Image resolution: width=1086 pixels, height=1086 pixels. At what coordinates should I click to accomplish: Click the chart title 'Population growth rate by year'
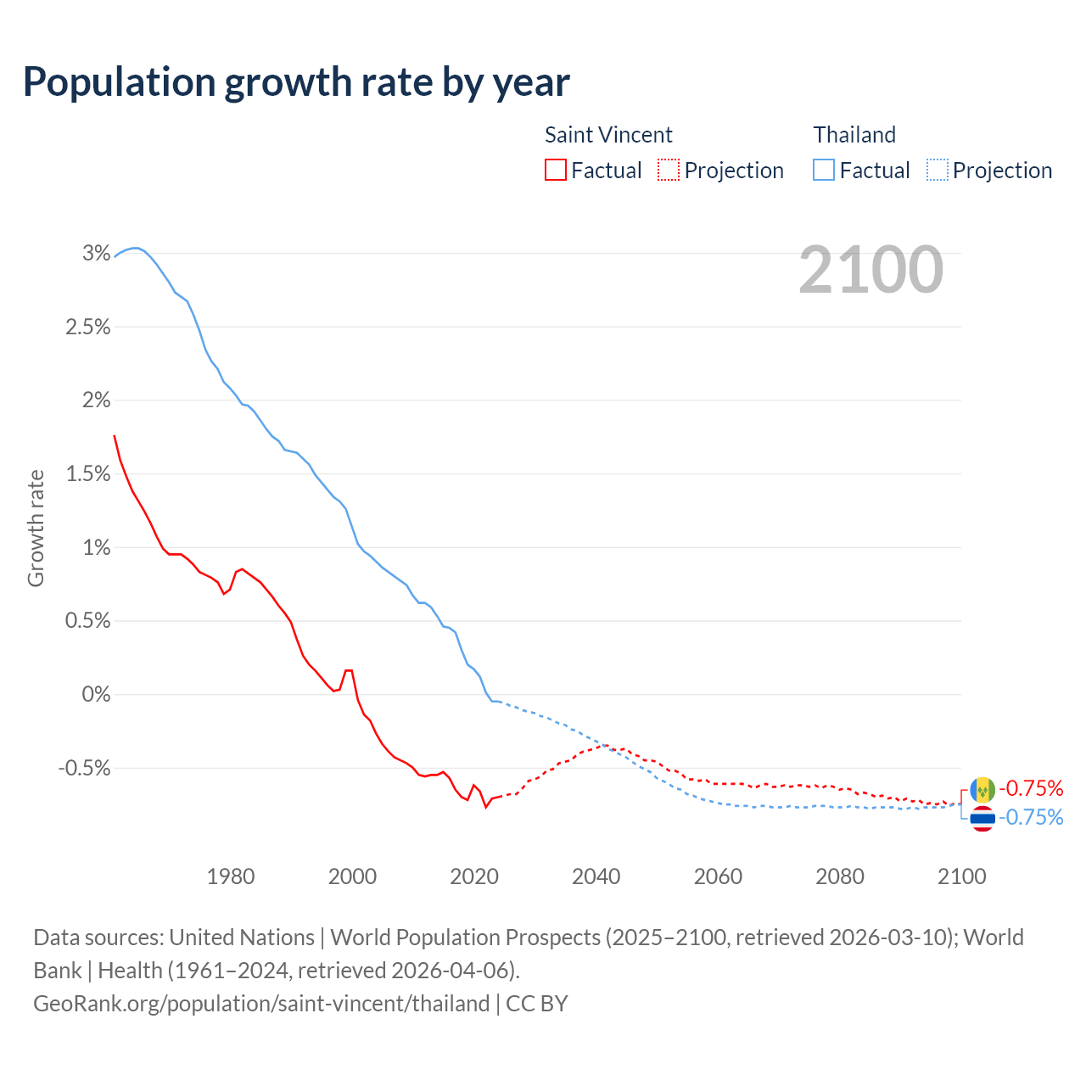click(x=296, y=82)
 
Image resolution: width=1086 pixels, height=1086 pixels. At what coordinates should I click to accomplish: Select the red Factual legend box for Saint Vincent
click(x=555, y=170)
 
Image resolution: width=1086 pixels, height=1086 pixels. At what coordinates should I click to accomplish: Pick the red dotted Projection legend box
click(x=669, y=170)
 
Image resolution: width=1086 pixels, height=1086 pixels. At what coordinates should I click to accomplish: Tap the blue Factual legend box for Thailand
click(x=823, y=170)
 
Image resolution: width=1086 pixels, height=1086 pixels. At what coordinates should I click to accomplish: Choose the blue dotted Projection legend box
click(x=937, y=170)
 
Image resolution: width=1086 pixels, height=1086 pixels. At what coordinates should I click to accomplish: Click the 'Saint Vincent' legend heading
click(x=608, y=135)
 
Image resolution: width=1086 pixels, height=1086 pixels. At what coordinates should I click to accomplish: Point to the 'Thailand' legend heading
click(x=854, y=135)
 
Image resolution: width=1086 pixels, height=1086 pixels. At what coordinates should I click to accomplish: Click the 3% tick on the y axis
click(x=97, y=254)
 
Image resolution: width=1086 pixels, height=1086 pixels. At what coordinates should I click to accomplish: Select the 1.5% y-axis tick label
click(x=88, y=474)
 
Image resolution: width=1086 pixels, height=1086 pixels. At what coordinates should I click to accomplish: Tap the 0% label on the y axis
click(x=96, y=694)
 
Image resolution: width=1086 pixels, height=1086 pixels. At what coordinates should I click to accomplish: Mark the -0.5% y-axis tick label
click(x=84, y=768)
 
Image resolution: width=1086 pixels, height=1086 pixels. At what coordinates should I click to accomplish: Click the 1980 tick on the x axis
click(x=231, y=876)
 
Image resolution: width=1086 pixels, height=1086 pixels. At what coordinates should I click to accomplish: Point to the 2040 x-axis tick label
click(x=596, y=876)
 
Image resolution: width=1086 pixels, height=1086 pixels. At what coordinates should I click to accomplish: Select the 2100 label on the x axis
click(x=962, y=876)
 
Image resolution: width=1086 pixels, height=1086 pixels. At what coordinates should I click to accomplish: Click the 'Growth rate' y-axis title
click(x=36, y=528)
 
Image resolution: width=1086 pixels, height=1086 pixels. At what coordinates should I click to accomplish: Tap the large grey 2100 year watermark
click(x=870, y=270)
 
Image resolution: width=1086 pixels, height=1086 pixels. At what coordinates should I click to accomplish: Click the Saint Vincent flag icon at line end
click(x=982, y=789)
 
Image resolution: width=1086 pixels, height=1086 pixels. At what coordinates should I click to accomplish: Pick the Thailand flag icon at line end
click(x=982, y=818)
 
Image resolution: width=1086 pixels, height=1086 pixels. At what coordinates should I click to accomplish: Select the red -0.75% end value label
click(x=1031, y=788)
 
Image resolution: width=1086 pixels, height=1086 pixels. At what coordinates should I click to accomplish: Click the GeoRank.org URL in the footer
click(x=261, y=1003)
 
